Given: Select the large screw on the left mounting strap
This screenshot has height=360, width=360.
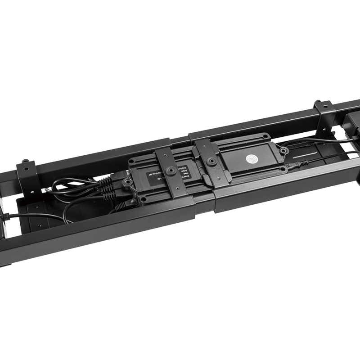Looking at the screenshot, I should [171, 171].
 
